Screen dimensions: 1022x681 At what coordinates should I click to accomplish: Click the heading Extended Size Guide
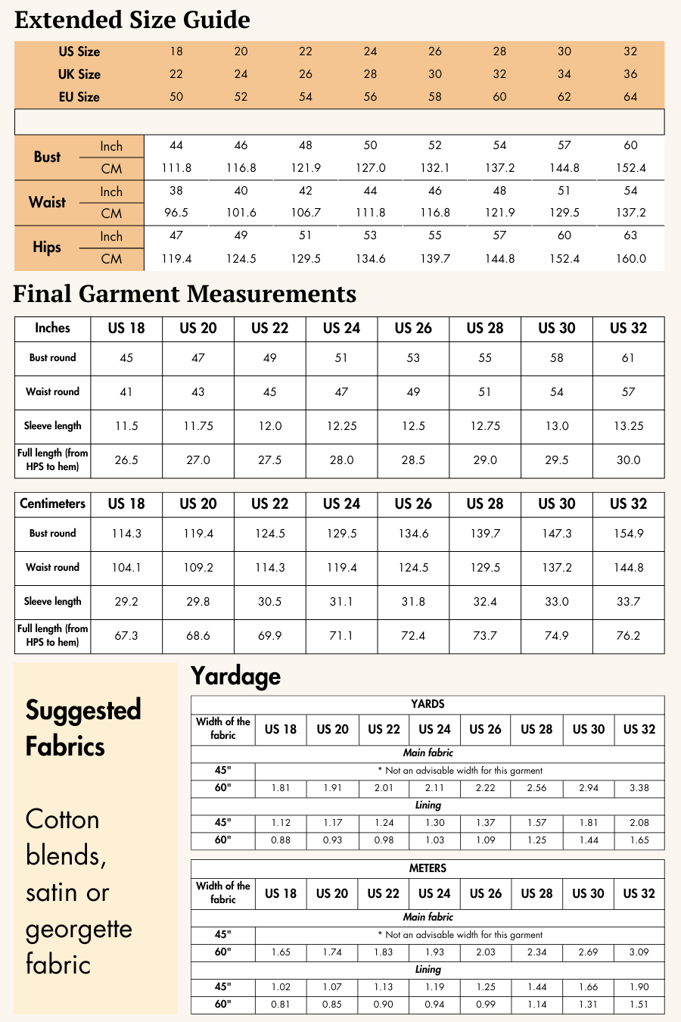click(x=132, y=20)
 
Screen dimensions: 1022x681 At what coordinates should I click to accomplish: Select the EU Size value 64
click(x=630, y=97)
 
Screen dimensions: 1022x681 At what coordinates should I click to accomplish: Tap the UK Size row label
click(x=79, y=74)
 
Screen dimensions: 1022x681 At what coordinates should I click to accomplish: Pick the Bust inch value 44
click(x=176, y=145)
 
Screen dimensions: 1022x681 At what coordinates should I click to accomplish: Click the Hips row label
click(x=47, y=248)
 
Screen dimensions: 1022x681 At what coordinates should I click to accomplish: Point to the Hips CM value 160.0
click(x=630, y=259)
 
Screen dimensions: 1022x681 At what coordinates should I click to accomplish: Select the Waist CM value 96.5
click(x=176, y=213)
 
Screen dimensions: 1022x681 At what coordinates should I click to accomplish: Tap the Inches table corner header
click(x=52, y=328)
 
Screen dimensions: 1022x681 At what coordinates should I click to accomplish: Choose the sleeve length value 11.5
click(x=126, y=426)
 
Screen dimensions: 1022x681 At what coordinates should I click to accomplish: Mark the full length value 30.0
click(x=628, y=460)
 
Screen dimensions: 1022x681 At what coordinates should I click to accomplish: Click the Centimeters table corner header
click(x=52, y=504)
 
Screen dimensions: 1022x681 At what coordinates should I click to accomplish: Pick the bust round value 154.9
click(x=628, y=534)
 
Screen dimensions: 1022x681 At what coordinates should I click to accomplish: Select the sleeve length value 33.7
click(x=628, y=602)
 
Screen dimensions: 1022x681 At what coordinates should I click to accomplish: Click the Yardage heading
click(x=235, y=676)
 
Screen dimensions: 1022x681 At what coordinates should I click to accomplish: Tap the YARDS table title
click(x=428, y=704)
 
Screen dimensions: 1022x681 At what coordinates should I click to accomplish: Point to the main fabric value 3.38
click(x=639, y=788)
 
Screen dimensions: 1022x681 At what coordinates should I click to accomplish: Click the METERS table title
click(x=428, y=868)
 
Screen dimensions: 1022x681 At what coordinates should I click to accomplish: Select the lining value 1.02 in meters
click(x=281, y=987)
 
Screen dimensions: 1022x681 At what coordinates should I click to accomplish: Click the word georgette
click(x=79, y=930)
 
